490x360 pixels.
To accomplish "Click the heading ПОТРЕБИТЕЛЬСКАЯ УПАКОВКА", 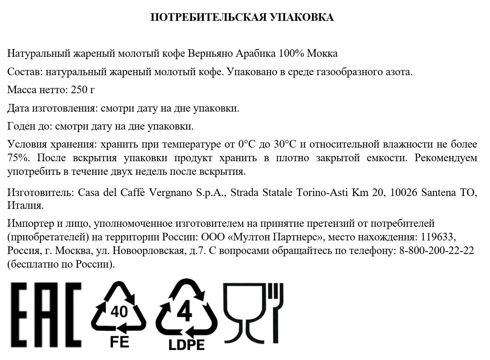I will tap(242, 18).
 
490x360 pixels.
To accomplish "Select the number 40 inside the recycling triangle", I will tap(119, 311).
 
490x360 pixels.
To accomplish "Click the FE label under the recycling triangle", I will tap(119, 342).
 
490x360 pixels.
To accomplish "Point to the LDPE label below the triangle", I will tap(186, 344).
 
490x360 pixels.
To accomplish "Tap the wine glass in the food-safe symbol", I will tap(244, 312).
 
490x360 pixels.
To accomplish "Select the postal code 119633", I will tap(438, 237).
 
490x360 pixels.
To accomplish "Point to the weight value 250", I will tap(79, 90).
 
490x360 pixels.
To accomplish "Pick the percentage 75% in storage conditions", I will tap(18, 158).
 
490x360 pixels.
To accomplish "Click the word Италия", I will tap(25, 206).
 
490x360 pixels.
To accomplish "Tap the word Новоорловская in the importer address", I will tap(149, 251).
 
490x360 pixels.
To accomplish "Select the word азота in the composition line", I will tap(398, 72).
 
